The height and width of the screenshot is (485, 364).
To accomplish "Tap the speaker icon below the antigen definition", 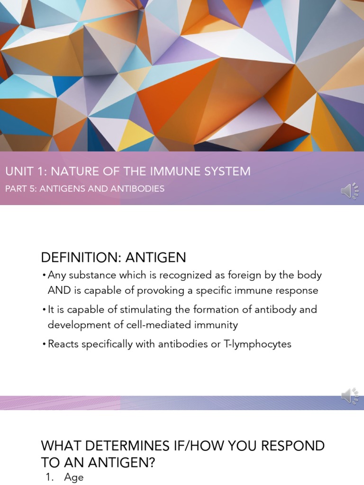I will [x=350, y=396].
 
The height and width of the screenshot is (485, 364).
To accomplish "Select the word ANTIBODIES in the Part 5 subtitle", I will [x=138, y=189].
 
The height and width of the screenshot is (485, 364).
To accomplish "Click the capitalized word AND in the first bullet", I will [x=58, y=290].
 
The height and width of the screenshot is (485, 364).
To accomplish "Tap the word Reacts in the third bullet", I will [x=64, y=344].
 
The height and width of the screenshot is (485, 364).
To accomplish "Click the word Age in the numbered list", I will [x=74, y=477].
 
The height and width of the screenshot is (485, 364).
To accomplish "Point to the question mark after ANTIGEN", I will [x=152, y=462].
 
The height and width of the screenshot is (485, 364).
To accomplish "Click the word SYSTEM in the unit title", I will [x=227, y=171].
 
